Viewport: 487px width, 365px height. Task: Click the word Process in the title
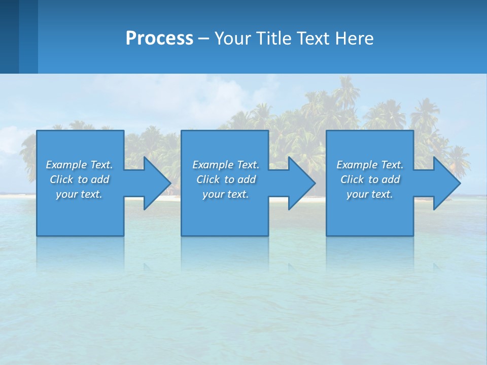point(159,38)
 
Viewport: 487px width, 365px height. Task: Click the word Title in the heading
point(271,38)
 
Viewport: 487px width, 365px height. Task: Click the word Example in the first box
point(66,165)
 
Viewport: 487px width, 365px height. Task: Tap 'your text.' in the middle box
point(225,194)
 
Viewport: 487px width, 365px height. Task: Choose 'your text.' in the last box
point(369,194)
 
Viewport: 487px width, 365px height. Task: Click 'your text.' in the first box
point(79,194)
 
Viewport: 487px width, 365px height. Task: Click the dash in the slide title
point(204,39)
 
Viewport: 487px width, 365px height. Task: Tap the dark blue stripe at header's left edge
point(9,36)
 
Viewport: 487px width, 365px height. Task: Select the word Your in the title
point(231,38)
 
